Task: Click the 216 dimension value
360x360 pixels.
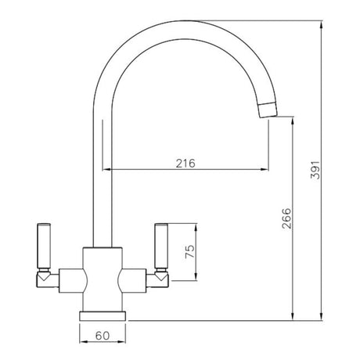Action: click(185, 163)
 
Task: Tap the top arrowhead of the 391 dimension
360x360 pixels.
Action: click(323, 24)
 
